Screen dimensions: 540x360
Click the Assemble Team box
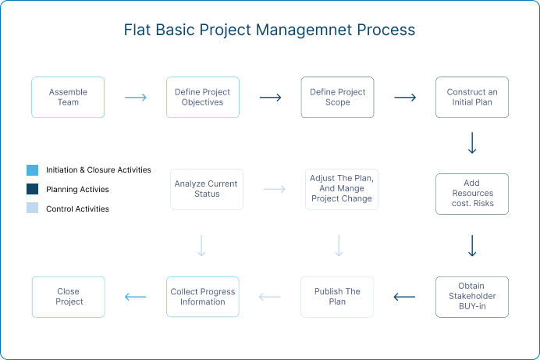coord(68,97)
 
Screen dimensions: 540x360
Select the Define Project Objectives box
coord(203,97)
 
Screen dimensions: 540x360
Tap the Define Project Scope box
coord(337,97)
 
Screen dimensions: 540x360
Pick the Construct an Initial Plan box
coord(472,97)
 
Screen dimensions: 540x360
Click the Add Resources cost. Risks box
coord(472,194)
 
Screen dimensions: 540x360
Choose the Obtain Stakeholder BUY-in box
coord(472,297)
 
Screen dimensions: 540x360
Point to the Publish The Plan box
coord(337,297)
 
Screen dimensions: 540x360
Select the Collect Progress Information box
coord(203,297)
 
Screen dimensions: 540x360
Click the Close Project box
coord(69,297)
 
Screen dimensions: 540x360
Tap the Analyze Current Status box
coord(207,189)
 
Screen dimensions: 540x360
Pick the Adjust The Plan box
coord(342,189)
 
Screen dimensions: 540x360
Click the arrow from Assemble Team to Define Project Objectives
coord(136,98)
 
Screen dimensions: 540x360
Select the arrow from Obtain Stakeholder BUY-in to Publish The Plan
coord(404,297)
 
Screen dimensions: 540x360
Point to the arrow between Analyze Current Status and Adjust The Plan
coord(275,189)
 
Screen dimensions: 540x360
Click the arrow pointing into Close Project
coord(135,297)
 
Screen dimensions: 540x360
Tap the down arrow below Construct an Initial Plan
coord(472,143)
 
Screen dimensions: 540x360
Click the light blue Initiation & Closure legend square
coord(32,170)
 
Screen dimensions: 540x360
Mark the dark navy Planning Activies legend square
coord(32,189)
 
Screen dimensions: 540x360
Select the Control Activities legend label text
coord(77,209)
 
